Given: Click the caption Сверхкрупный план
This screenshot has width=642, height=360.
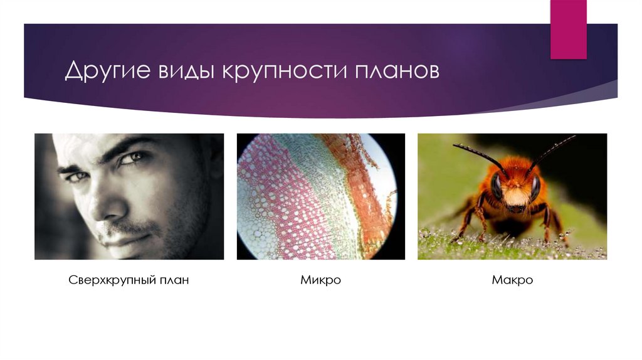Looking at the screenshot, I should click(129, 280).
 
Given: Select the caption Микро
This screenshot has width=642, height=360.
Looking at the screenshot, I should click(320, 280).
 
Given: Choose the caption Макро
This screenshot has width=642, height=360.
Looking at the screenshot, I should click(512, 280).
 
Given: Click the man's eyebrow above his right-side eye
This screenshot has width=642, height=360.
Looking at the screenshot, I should click(135, 146).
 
